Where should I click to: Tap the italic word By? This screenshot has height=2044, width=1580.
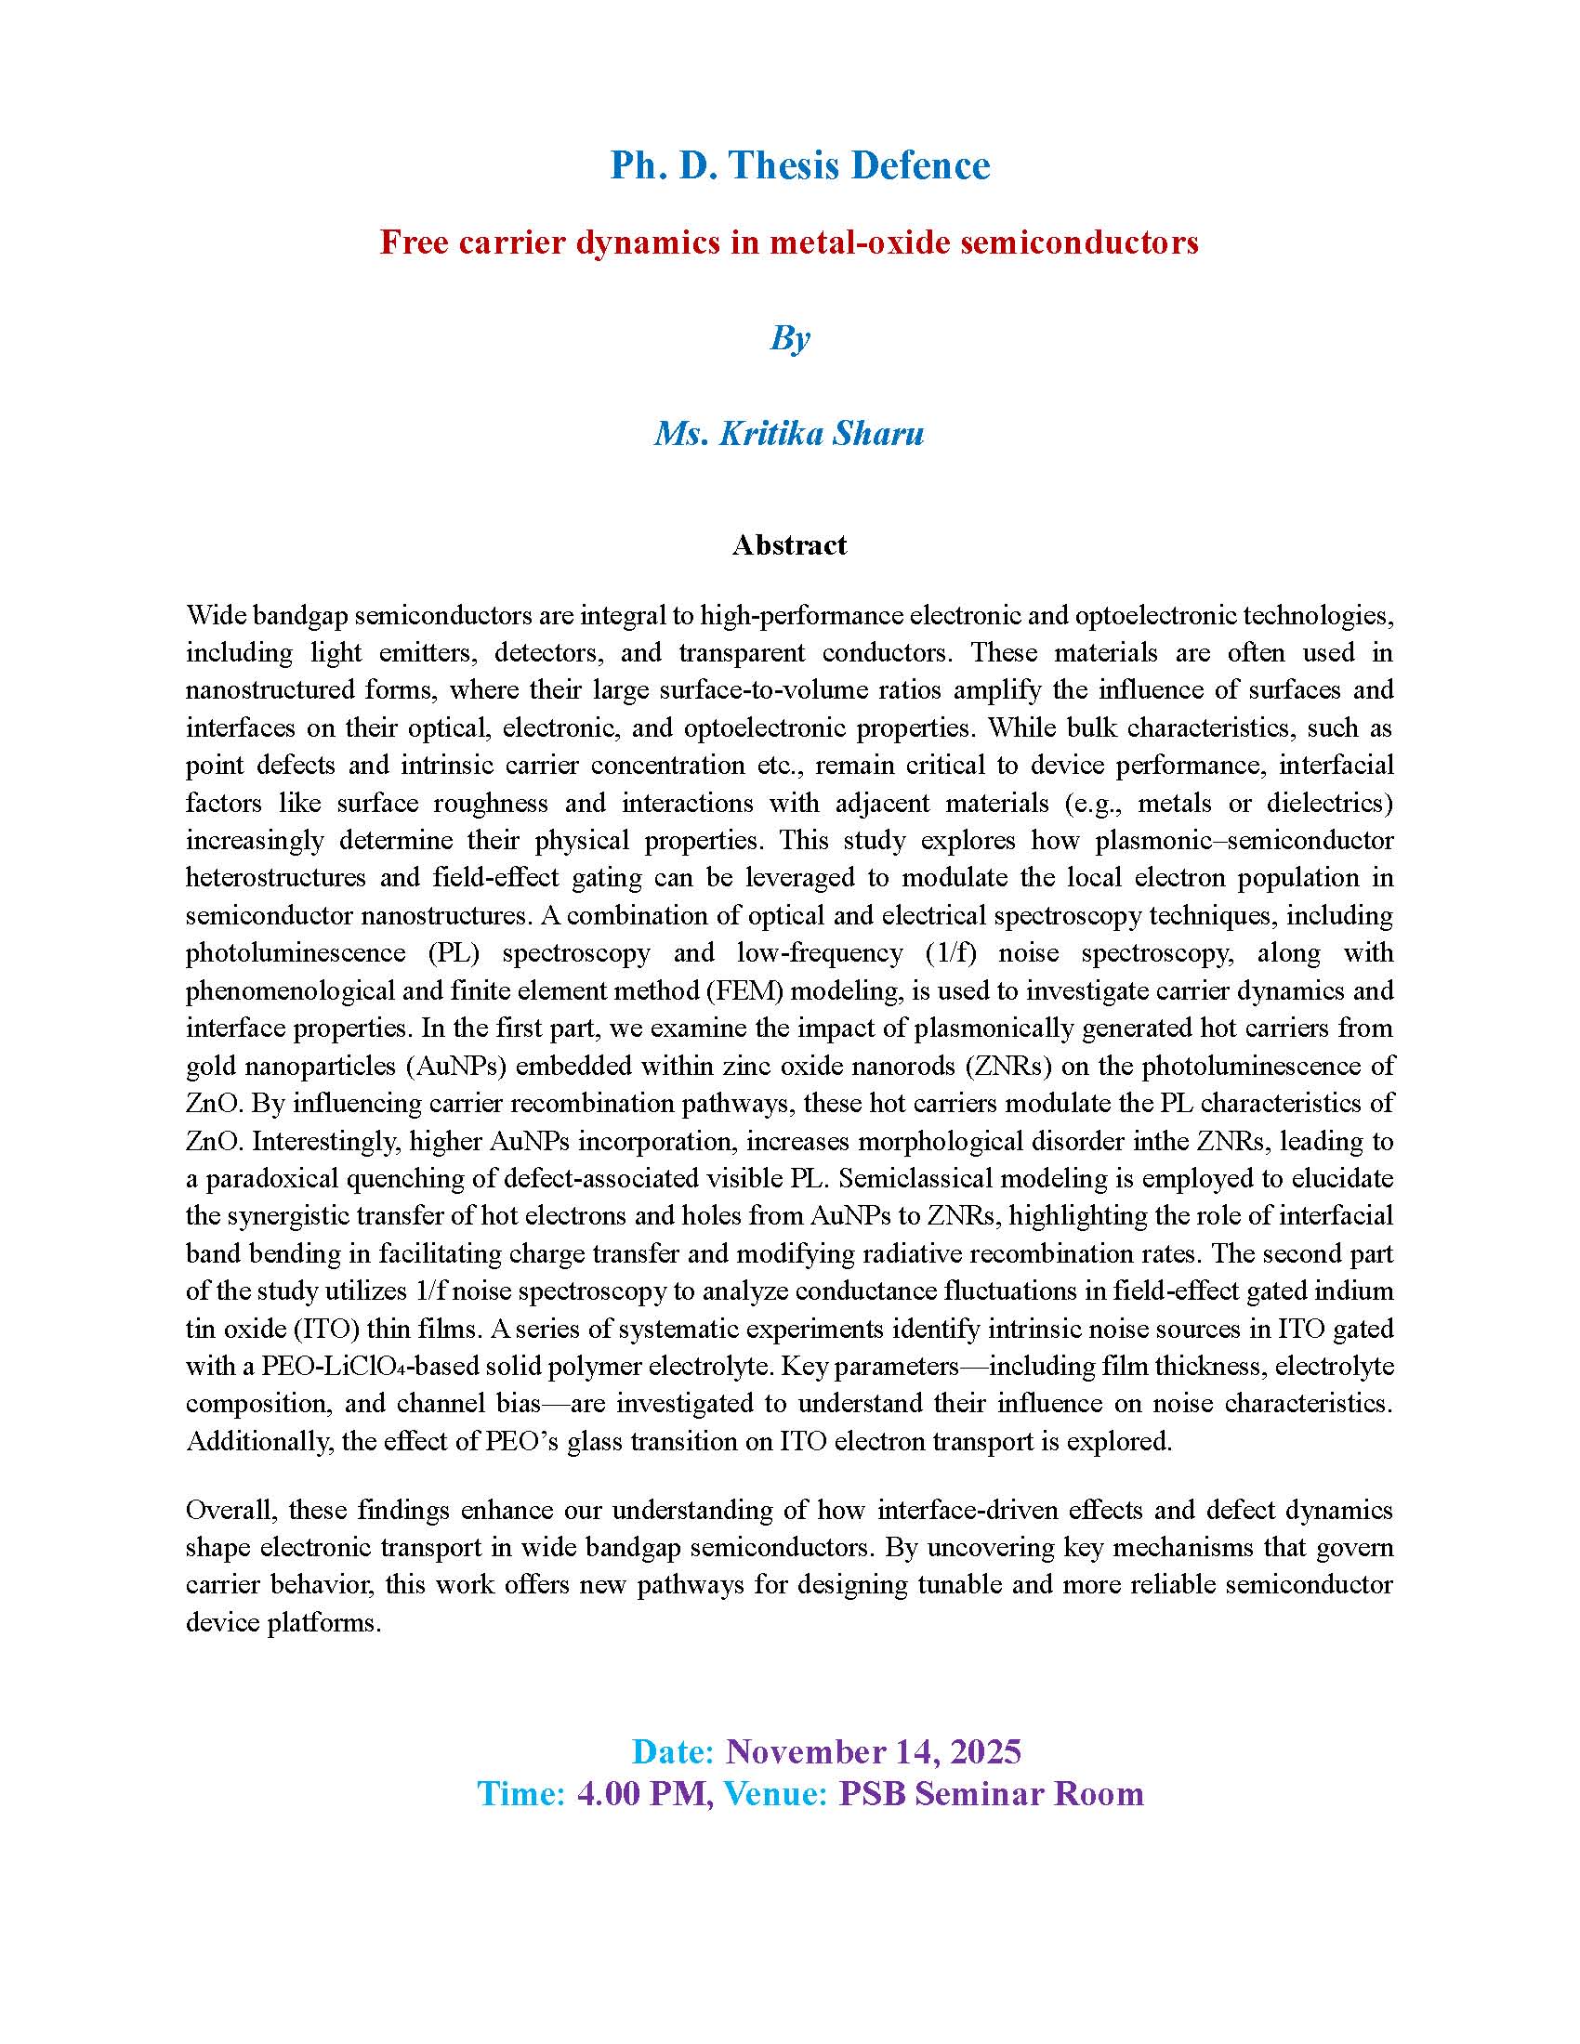pos(790,338)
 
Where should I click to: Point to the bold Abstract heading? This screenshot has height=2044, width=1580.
pos(789,544)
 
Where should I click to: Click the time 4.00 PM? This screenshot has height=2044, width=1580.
pos(641,1793)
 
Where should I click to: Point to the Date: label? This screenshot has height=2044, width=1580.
pos(673,1751)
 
